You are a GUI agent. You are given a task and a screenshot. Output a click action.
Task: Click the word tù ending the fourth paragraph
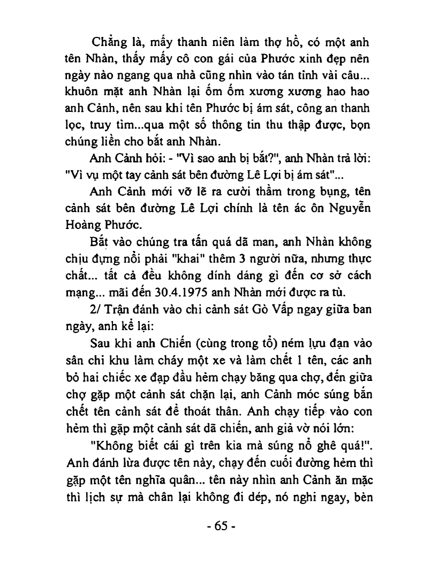point(335,292)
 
